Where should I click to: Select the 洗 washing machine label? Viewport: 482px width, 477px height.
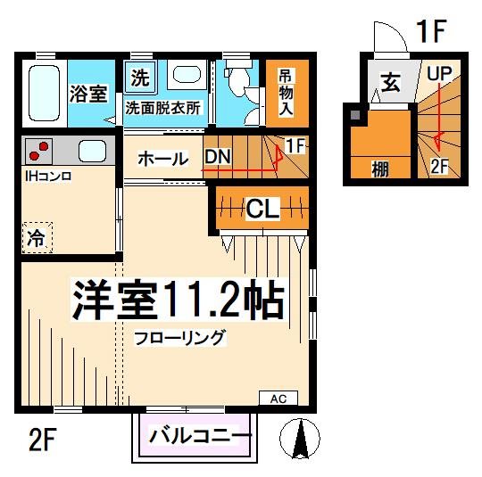(x=139, y=78)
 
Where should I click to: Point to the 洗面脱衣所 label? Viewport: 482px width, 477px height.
(x=162, y=108)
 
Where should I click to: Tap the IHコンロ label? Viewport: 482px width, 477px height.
(x=47, y=175)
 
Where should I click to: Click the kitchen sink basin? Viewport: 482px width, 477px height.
(x=92, y=151)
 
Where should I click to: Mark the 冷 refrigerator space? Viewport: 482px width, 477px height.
(x=35, y=237)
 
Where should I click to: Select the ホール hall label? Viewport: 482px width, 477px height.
(x=162, y=159)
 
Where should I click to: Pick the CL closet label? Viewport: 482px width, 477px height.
(x=262, y=210)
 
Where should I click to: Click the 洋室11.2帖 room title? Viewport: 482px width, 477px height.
(x=178, y=301)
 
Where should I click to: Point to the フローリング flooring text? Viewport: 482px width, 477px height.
(x=181, y=339)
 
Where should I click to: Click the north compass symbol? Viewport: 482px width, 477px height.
(x=300, y=439)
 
